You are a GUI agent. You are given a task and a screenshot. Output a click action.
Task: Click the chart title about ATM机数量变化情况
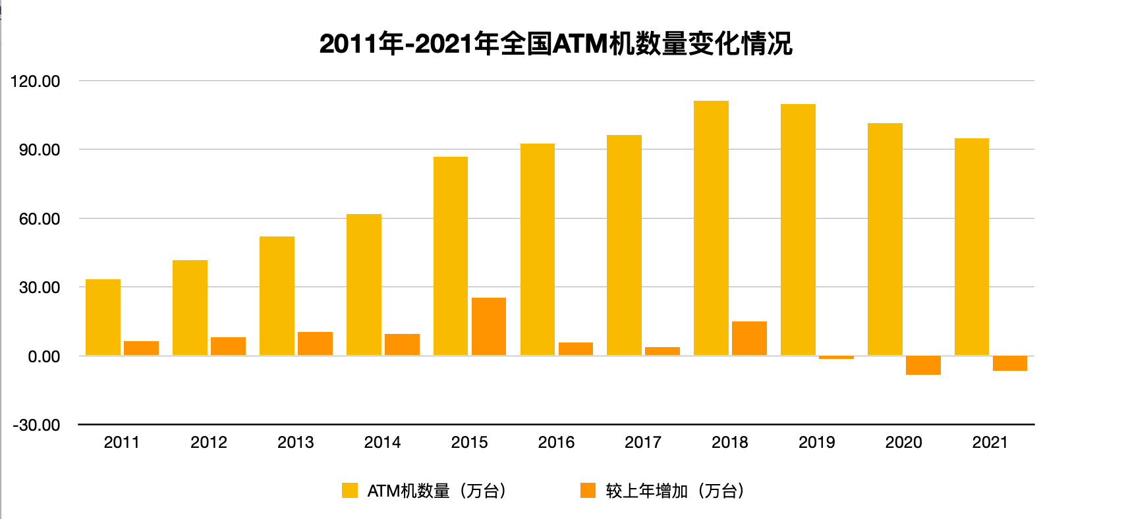(x=555, y=44)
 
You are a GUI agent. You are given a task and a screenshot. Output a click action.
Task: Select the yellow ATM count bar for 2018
(x=711, y=228)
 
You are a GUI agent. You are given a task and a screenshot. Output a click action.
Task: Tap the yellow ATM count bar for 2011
(x=103, y=317)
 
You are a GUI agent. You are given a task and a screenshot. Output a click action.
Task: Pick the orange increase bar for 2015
(x=489, y=327)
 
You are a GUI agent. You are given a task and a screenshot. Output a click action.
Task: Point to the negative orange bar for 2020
(x=923, y=365)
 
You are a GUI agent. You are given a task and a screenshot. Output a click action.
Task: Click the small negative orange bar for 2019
(x=836, y=358)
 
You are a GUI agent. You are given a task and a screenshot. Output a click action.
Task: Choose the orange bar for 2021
(x=1010, y=363)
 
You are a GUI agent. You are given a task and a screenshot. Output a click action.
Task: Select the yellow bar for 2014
(x=364, y=285)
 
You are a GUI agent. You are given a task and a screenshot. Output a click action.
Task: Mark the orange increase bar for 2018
(x=749, y=339)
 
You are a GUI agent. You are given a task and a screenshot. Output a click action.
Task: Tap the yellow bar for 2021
(x=972, y=247)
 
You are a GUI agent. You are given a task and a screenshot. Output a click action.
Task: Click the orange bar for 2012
(x=228, y=346)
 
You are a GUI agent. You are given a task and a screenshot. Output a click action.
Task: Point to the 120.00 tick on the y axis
(x=36, y=82)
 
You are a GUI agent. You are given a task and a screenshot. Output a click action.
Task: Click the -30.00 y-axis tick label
(x=37, y=425)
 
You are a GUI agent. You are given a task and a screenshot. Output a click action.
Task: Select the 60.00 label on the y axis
(x=40, y=219)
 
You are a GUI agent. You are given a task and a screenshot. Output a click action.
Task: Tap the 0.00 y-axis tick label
(x=43, y=357)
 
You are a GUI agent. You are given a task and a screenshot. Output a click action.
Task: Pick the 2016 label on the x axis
(x=556, y=443)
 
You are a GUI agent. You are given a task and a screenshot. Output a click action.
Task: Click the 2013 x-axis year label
(x=295, y=443)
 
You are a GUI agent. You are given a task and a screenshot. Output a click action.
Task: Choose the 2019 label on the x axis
(x=816, y=443)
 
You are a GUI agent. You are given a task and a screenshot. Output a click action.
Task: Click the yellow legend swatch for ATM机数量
(x=350, y=491)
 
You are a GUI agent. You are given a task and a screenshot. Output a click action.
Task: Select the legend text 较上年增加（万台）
(x=675, y=491)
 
